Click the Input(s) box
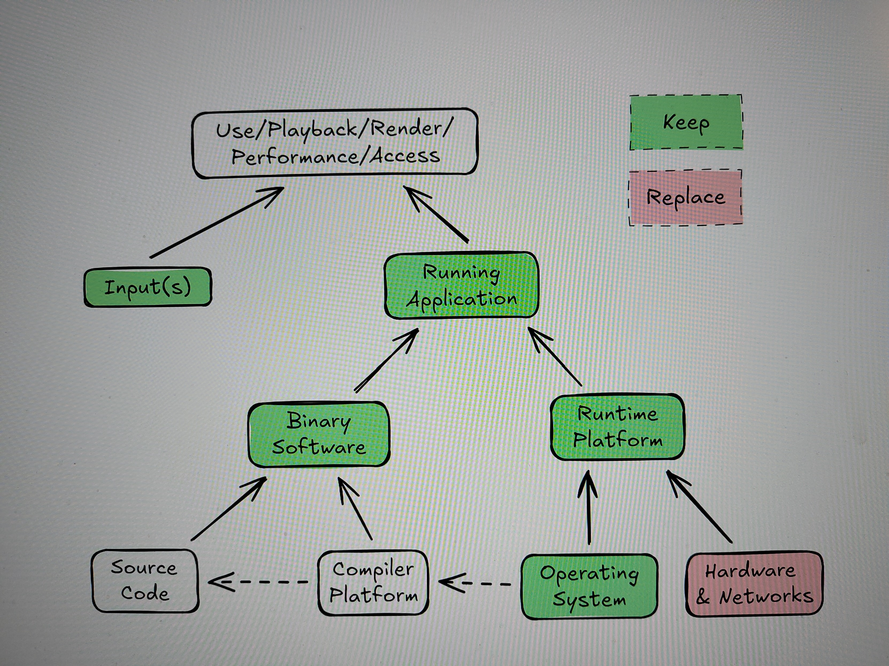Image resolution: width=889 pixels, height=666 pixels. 148,287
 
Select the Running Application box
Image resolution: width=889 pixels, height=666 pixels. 461,285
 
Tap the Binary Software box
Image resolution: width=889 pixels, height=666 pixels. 319,434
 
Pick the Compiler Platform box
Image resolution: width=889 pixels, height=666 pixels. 373,582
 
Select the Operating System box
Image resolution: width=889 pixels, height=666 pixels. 589,586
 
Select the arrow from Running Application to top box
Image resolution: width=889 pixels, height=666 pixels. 436,215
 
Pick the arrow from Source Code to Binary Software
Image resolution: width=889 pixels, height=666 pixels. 228,509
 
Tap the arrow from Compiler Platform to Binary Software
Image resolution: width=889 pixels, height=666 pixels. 355,509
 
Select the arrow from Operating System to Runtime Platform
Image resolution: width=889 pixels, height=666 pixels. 589,508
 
